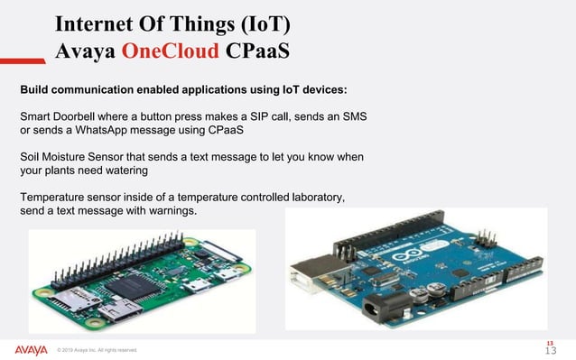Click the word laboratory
[324, 197]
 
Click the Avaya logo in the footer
[31, 349]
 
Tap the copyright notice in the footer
[97, 351]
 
